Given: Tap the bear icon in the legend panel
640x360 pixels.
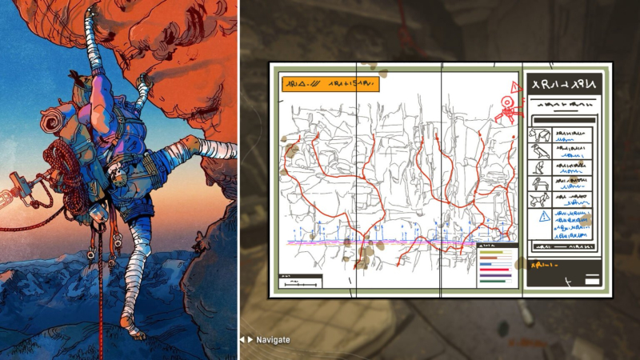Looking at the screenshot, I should (x=540, y=135).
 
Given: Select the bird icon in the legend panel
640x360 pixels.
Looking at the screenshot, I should (x=540, y=151).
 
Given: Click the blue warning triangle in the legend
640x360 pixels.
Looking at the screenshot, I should (x=544, y=217).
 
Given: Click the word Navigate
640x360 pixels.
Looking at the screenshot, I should (x=273, y=340).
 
